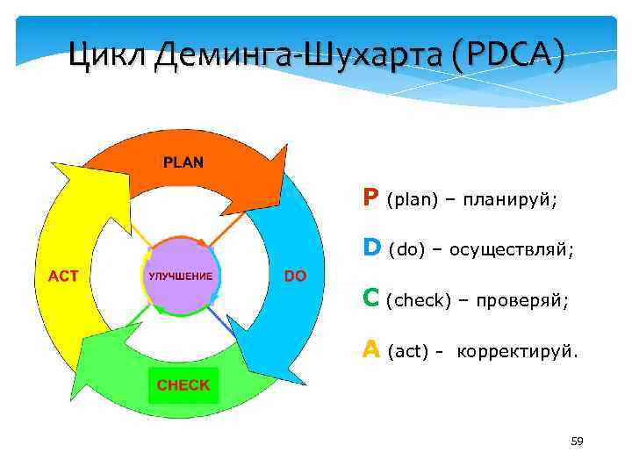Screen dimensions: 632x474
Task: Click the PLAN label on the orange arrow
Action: (x=183, y=162)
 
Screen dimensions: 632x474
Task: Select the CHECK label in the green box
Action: (x=183, y=385)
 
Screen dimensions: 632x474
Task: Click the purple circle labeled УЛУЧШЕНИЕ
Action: (x=180, y=276)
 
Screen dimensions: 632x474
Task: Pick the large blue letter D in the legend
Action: (x=372, y=249)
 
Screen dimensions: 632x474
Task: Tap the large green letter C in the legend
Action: (x=371, y=300)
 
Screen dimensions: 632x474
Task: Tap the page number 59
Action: (x=577, y=441)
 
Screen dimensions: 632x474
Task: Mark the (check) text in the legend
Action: (x=418, y=302)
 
